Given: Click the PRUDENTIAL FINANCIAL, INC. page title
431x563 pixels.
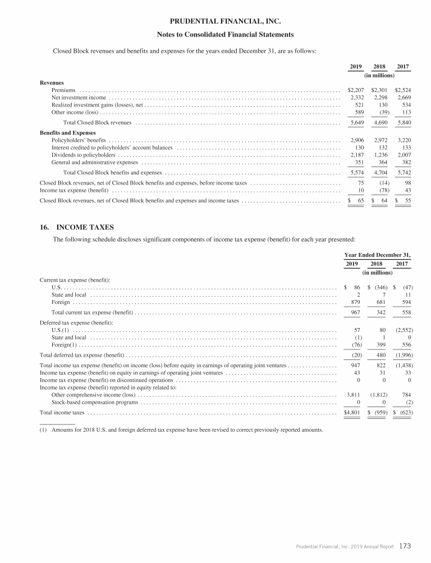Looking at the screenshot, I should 215,21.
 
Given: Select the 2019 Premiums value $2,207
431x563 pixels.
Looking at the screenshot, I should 356,90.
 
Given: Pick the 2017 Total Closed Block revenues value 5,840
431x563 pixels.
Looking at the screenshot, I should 403,122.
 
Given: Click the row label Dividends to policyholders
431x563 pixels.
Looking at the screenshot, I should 84,155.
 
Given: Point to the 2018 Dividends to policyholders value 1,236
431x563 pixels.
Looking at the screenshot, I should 379,155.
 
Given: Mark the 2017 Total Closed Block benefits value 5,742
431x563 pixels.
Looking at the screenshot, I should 403,173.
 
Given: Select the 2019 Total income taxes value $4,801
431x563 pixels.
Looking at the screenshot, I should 354,413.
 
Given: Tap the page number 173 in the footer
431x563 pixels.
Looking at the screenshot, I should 408,544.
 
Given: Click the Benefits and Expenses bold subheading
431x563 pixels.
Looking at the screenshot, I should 68,133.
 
